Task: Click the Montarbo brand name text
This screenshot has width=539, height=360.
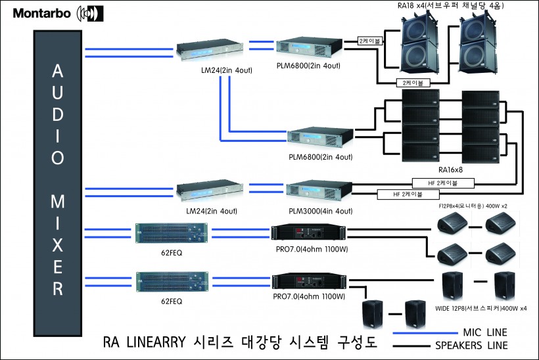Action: pos(42,12)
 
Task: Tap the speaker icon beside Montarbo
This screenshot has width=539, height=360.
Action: pos(90,12)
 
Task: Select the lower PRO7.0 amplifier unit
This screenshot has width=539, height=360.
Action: pos(307,281)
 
